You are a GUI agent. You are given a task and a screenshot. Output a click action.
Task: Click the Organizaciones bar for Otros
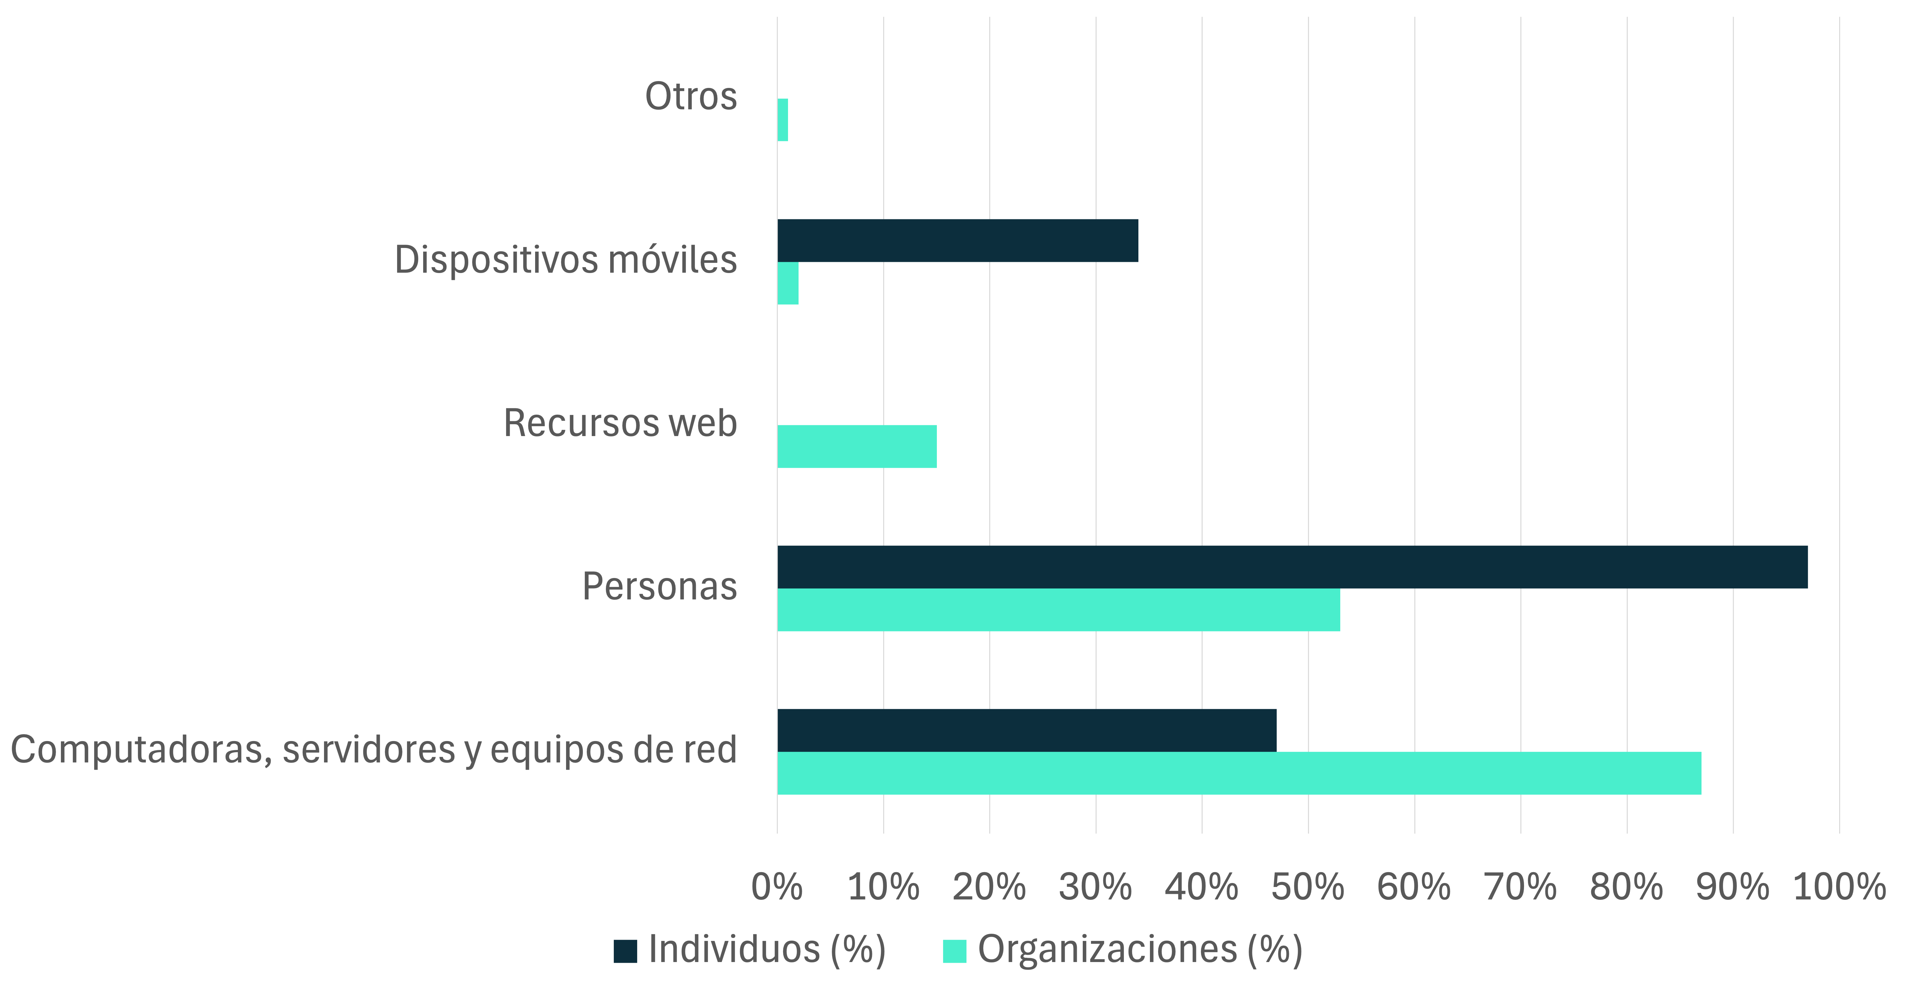pos(782,120)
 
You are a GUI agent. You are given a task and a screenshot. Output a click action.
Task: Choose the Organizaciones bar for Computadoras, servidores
pos(1239,773)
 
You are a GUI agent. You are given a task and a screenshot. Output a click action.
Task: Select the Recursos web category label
pos(620,423)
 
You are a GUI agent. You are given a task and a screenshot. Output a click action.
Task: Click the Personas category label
pos(659,587)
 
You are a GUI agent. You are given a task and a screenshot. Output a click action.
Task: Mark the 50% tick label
pos(1307,886)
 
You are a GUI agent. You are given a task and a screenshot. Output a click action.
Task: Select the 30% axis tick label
pos(1095,886)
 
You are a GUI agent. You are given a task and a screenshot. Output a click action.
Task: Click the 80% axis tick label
pos(1626,886)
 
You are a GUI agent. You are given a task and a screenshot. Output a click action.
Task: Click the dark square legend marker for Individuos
pos(625,951)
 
